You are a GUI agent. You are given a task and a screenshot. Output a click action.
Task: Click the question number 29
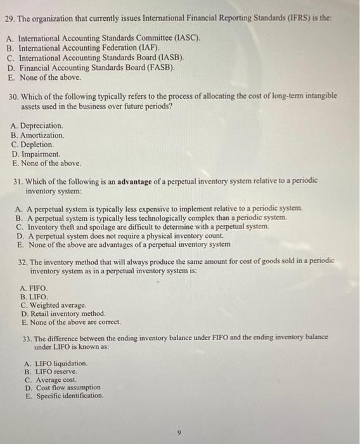[x=9, y=20]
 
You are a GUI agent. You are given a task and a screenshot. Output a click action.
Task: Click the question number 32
[x=25, y=261]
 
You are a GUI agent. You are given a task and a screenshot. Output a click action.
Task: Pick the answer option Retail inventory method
[x=63, y=313]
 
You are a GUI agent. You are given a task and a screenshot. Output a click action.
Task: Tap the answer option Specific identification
[x=69, y=396]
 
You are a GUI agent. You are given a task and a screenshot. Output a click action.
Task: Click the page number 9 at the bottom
[x=180, y=433]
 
